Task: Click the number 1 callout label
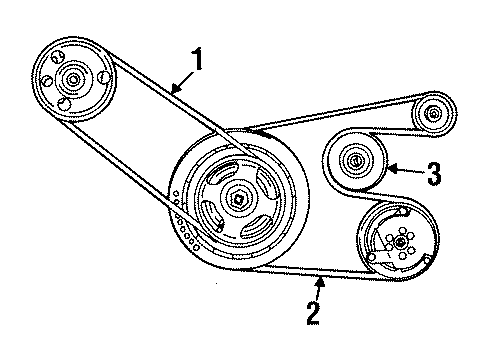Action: pos(199,61)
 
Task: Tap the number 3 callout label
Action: pos(434,173)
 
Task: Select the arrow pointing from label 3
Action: pos(405,171)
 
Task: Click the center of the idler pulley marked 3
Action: pos(353,160)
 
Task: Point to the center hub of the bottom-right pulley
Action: pos(399,241)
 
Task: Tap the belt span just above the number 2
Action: pos(300,272)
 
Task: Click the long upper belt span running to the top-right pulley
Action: pos(330,111)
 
